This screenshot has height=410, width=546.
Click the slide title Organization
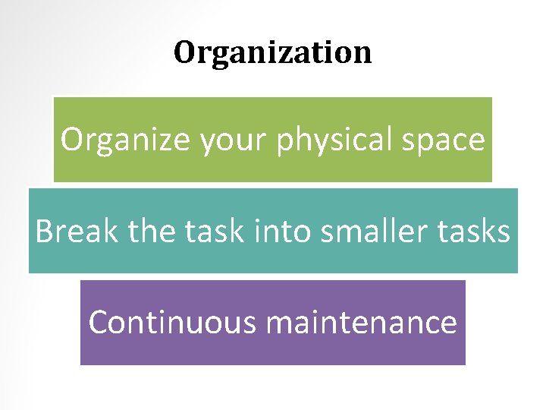pyautogui.click(x=273, y=52)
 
